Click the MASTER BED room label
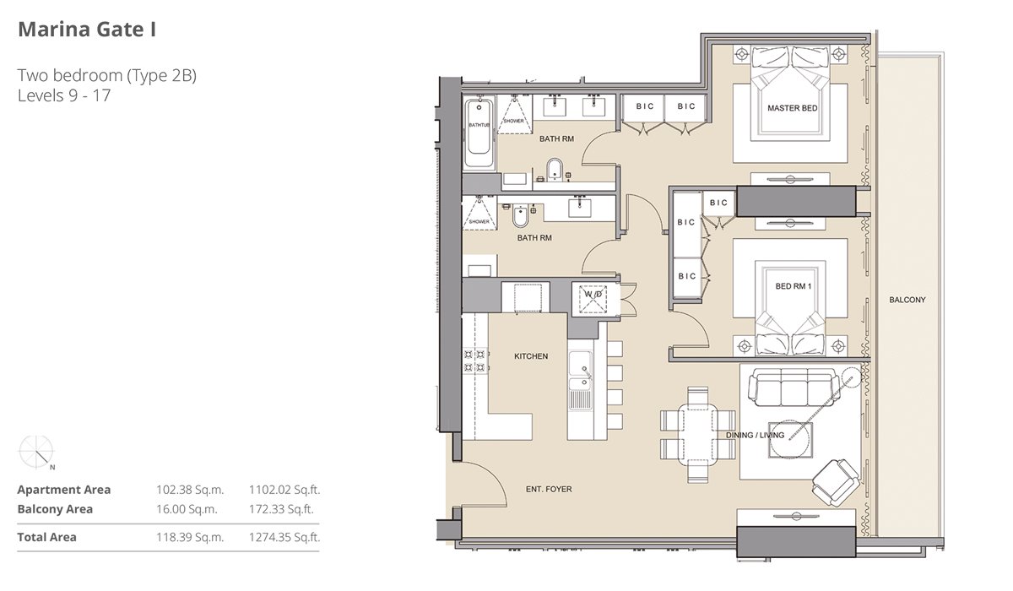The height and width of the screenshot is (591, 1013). coord(793,108)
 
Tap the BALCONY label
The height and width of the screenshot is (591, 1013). coord(907,300)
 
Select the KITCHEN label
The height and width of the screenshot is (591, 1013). coord(531,356)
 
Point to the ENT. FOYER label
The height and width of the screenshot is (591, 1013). coord(549,489)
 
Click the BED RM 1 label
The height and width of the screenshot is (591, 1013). coord(794,286)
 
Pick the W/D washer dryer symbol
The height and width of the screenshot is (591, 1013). coord(593,298)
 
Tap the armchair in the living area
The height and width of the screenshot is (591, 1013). coord(836,482)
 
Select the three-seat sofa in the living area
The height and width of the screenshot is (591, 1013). coord(794,388)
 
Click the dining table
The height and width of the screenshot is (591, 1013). coord(698,434)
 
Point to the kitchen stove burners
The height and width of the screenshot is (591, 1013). coord(474,361)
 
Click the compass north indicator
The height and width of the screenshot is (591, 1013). coord(44,459)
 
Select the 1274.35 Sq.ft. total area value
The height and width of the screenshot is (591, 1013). coord(284,537)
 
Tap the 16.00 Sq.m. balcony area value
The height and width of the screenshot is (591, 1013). coord(187,509)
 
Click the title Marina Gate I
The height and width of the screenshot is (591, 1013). coord(87,30)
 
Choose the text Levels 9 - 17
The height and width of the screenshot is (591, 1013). coord(64,95)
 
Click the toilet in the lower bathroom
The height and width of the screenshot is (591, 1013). coord(520,216)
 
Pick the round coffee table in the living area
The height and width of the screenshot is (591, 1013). coord(789,440)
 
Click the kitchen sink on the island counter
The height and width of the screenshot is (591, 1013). coord(580,371)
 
